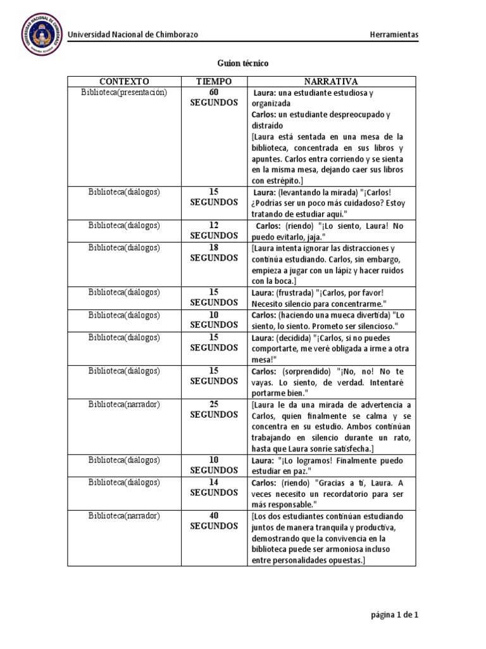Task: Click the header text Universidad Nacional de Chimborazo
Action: pyautogui.click(x=133, y=34)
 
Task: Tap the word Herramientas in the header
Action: pyautogui.click(x=394, y=34)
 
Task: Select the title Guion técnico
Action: pyautogui.click(x=243, y=63)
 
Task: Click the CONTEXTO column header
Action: pyautogui.click(x=124, y=82)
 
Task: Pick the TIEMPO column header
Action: pyautogui.click(x=214, y=82)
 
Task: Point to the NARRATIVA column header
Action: pyautogui.click(x=331, y=82)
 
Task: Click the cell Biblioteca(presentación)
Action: pyautogui.click(x=124, y=93)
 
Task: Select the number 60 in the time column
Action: pyautogui.click(x=214, y=93)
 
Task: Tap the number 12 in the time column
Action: pyautogui.click(x=214, y=225)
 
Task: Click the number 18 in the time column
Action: pyautogui.click(x=214, y=247)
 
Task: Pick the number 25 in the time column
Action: pyautogui.click(x=214, y=404)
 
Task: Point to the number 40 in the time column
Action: pyautogui.click(x=214, y=515)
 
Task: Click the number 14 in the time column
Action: pyautogui.click(x=214, y=482)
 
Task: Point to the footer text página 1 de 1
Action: pyautogui.click(x=394, y=614)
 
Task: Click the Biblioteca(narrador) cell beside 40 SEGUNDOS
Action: pyautogui.click(x=124, y=515)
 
